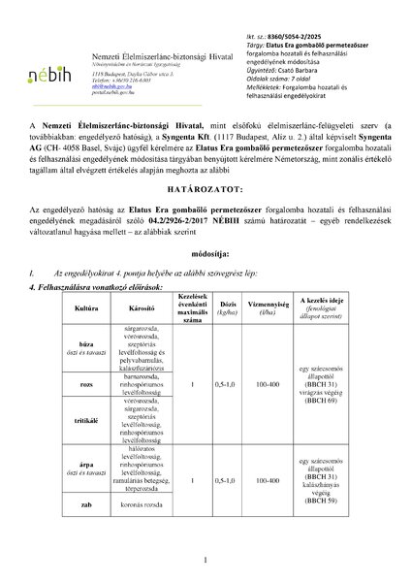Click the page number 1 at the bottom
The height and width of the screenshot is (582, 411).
point(206,562)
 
